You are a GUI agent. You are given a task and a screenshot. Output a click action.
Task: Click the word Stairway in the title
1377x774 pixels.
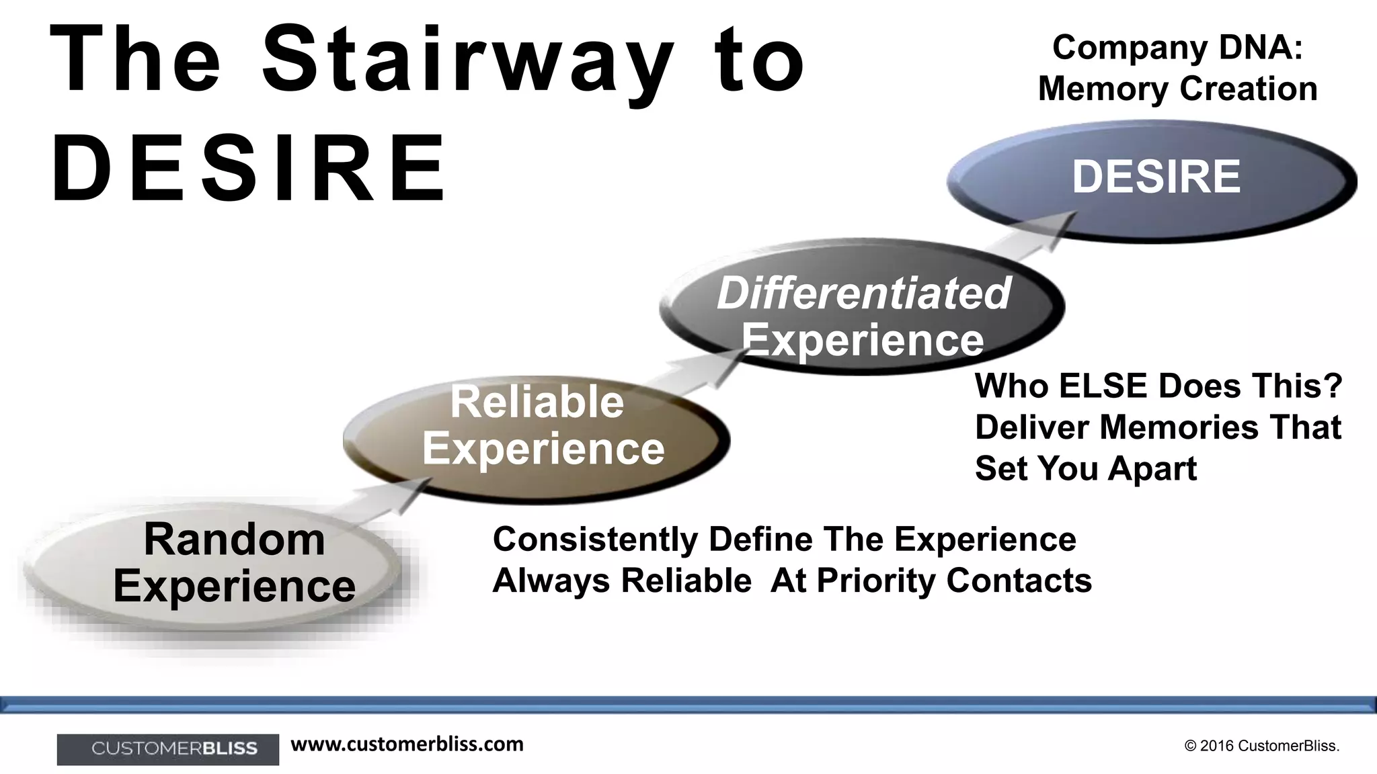point(467,60)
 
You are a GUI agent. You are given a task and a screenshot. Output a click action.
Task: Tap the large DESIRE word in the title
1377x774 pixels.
point(249,168)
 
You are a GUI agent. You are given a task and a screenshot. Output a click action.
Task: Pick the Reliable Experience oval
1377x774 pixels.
point(537,437)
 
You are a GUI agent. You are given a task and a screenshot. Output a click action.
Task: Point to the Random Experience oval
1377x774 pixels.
point(215,571)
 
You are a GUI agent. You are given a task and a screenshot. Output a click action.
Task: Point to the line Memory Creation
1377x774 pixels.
point(1177,89)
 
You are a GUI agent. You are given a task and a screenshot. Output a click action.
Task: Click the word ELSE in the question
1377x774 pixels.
point(1103,386)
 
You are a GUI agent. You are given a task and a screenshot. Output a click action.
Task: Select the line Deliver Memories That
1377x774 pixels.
point(1158,427)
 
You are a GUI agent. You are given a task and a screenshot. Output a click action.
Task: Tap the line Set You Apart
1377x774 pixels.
point(1085,468)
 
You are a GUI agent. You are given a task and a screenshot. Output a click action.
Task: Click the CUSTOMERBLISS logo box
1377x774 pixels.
point(168,748)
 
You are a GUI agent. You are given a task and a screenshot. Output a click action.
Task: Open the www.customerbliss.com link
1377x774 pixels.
point(407,744)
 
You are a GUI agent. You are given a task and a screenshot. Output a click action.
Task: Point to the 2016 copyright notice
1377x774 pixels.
point(1261,746)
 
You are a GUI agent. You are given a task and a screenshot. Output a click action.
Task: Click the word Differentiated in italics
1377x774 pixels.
point(863,294)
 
